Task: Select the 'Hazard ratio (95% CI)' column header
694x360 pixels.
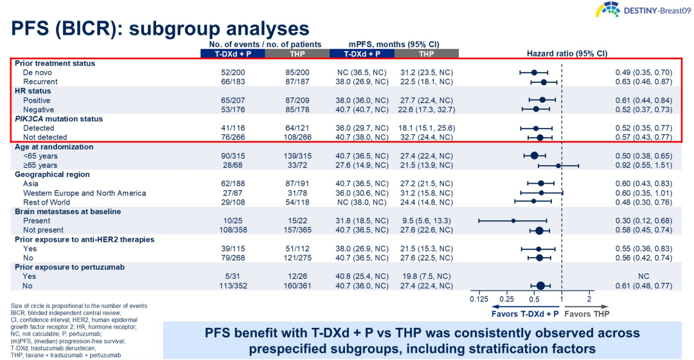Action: click(567, 53)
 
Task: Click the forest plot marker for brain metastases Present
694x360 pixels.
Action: click(513, 221)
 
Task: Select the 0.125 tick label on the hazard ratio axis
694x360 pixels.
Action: click(479, 299)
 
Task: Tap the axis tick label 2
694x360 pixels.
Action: click(589, 299)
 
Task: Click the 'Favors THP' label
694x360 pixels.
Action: click(587, 313)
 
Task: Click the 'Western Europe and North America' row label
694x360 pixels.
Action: click(84, 193)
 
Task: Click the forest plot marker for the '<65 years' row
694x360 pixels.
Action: click(534, 156)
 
